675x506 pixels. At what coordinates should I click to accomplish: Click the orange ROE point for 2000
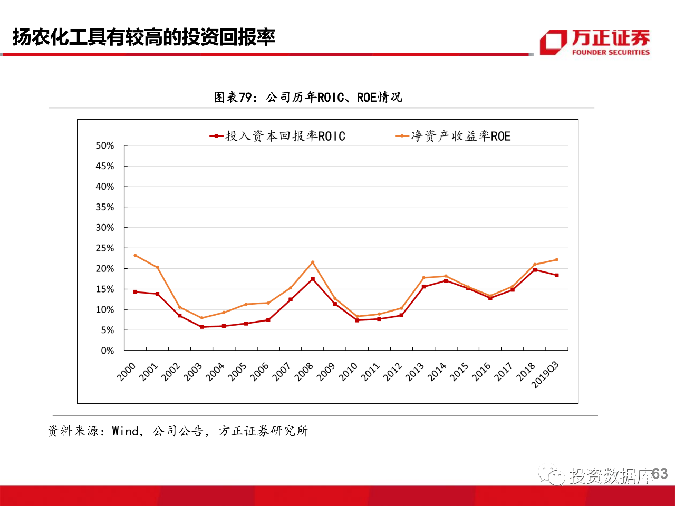[x=136, y=256]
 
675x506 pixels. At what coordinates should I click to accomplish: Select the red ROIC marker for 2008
[x=313, y=279]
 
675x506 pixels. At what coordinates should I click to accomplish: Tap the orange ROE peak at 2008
[x=313, y=262]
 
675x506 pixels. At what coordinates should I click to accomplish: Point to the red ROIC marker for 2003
[x=202, y=327]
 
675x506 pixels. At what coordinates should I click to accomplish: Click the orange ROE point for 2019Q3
[x=556, y=259]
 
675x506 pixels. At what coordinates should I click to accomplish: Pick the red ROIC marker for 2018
[x=535, y=270]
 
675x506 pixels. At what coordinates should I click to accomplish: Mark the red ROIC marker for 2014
[x=446, y=281]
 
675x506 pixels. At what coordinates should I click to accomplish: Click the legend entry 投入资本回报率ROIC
[x=278, y=136]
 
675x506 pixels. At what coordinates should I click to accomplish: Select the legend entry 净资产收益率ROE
[x=454, y=136]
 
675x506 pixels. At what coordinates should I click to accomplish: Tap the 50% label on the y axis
[x=104, y=145]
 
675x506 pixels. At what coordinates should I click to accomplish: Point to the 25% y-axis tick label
[x=104, y=248]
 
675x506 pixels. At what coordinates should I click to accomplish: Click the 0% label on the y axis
[x=107, y=351]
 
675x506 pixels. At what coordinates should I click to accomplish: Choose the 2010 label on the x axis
[x=348, y=372]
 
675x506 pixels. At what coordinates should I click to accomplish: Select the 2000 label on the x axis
[x=127, y=372]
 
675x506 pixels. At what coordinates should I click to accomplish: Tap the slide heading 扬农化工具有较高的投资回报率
[x=144, y=37]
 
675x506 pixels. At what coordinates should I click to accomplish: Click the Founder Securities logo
[x=594, y=42]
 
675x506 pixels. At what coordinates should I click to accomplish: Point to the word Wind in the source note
[x=126, y=431]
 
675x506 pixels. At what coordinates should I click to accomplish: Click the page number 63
[x=660, y=474]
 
